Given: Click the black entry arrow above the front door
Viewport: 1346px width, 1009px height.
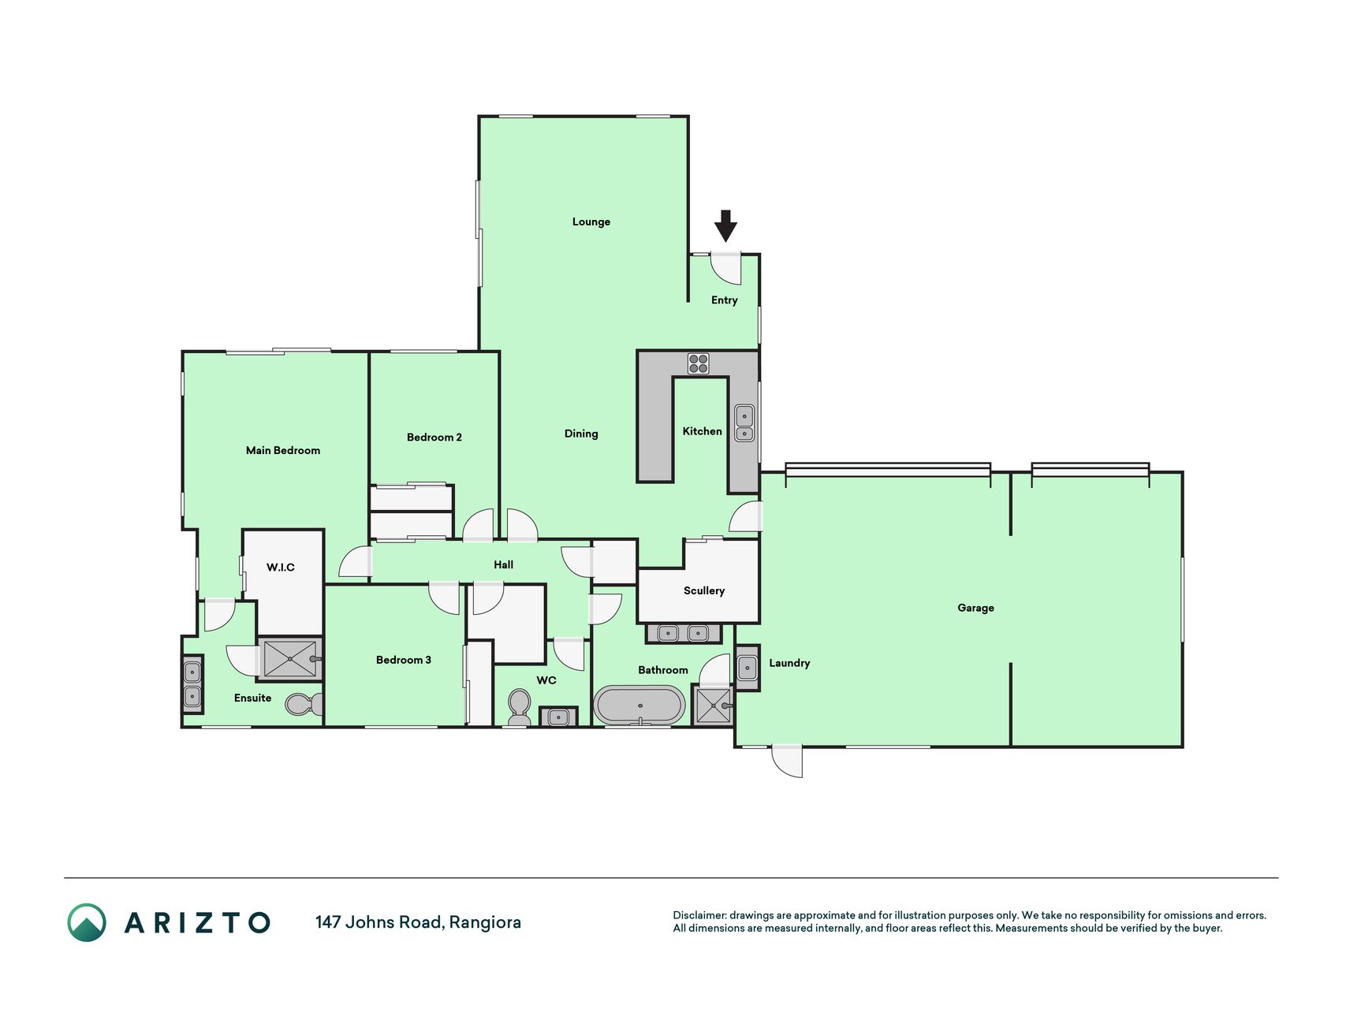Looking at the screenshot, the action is [725, 225].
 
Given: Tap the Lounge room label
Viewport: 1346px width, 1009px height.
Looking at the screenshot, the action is [591, 222].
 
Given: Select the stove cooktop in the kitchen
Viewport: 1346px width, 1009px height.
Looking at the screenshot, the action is [699, 363].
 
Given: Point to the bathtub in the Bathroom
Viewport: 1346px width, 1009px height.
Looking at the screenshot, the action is [639, 706].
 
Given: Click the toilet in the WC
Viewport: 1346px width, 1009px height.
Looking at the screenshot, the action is [519, 706].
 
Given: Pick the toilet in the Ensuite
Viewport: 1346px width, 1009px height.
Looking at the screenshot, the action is [304, 703].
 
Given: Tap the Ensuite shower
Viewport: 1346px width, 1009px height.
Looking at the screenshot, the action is [290, 659].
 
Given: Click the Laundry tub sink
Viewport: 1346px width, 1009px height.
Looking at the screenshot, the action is [748, 668].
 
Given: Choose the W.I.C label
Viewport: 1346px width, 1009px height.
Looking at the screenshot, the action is [281, 567].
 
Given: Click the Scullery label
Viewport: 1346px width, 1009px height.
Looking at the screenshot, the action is [704, 590].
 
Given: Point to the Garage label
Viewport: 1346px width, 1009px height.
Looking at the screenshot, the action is [976, 608].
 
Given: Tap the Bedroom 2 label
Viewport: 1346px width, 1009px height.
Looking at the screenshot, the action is [434, 437].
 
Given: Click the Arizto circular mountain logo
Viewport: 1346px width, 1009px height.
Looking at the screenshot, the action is [87, 922].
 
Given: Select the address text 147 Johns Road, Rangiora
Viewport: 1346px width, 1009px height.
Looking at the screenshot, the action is [418, 922].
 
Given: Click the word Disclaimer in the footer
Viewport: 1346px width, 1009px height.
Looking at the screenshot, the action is [699, 915].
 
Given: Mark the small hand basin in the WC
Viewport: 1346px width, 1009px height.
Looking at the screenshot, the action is [558, 717].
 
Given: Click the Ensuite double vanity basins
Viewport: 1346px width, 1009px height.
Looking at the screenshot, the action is [192, 684].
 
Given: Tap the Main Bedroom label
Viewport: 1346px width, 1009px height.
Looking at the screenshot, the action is [283, 451].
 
